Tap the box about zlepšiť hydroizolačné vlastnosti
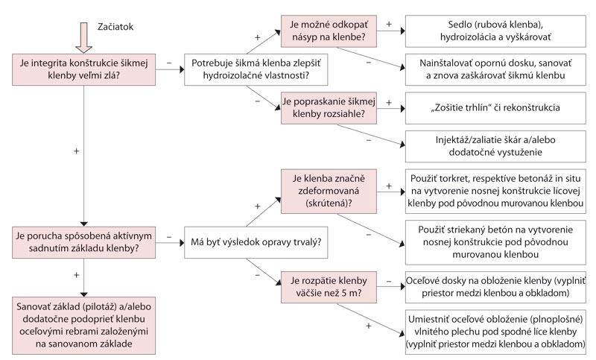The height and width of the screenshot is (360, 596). (250, 70)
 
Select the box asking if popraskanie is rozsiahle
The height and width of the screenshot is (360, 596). (329, 108)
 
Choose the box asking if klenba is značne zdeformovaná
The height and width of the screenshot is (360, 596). (329, 189)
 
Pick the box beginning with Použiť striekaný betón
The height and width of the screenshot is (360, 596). (495, 240)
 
